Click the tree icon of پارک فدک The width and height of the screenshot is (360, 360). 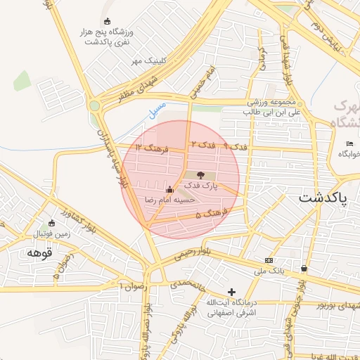[200, 174]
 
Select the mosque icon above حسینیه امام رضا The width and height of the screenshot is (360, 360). [169, 189]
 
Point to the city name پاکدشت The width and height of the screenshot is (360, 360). [323, 198]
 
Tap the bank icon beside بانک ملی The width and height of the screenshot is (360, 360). [268, 260]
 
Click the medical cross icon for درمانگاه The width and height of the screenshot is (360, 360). [232, 292]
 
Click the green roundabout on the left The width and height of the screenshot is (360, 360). [94, 105]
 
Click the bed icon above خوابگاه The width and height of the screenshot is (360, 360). [349, 143]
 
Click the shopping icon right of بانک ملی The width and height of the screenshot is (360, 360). [304, 268]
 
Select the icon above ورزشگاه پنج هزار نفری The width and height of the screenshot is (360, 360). [107, 22]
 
